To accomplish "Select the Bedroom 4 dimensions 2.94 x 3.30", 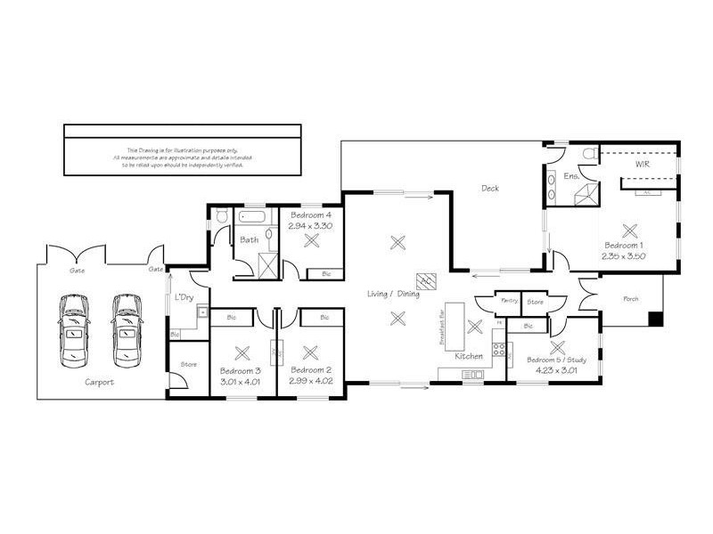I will tap(310, 226).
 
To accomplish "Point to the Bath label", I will tap(248, 239).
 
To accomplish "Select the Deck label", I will tap(490, 188).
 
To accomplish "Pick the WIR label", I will tap(641, 166).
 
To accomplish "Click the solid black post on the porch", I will tap(658, 318).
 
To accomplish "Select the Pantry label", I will tap(510, 301).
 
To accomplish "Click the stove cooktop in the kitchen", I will tap(499, 350).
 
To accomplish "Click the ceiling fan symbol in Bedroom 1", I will tap(632, 227).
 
